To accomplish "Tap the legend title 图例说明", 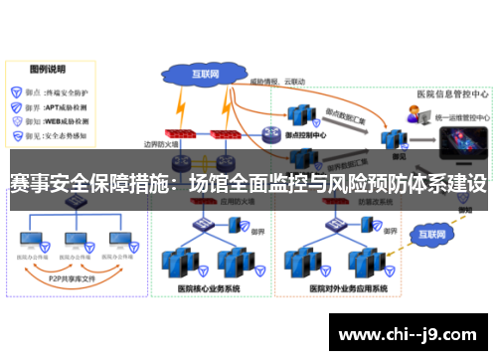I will pos(47,70).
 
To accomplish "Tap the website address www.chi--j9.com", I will pos(411,332).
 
